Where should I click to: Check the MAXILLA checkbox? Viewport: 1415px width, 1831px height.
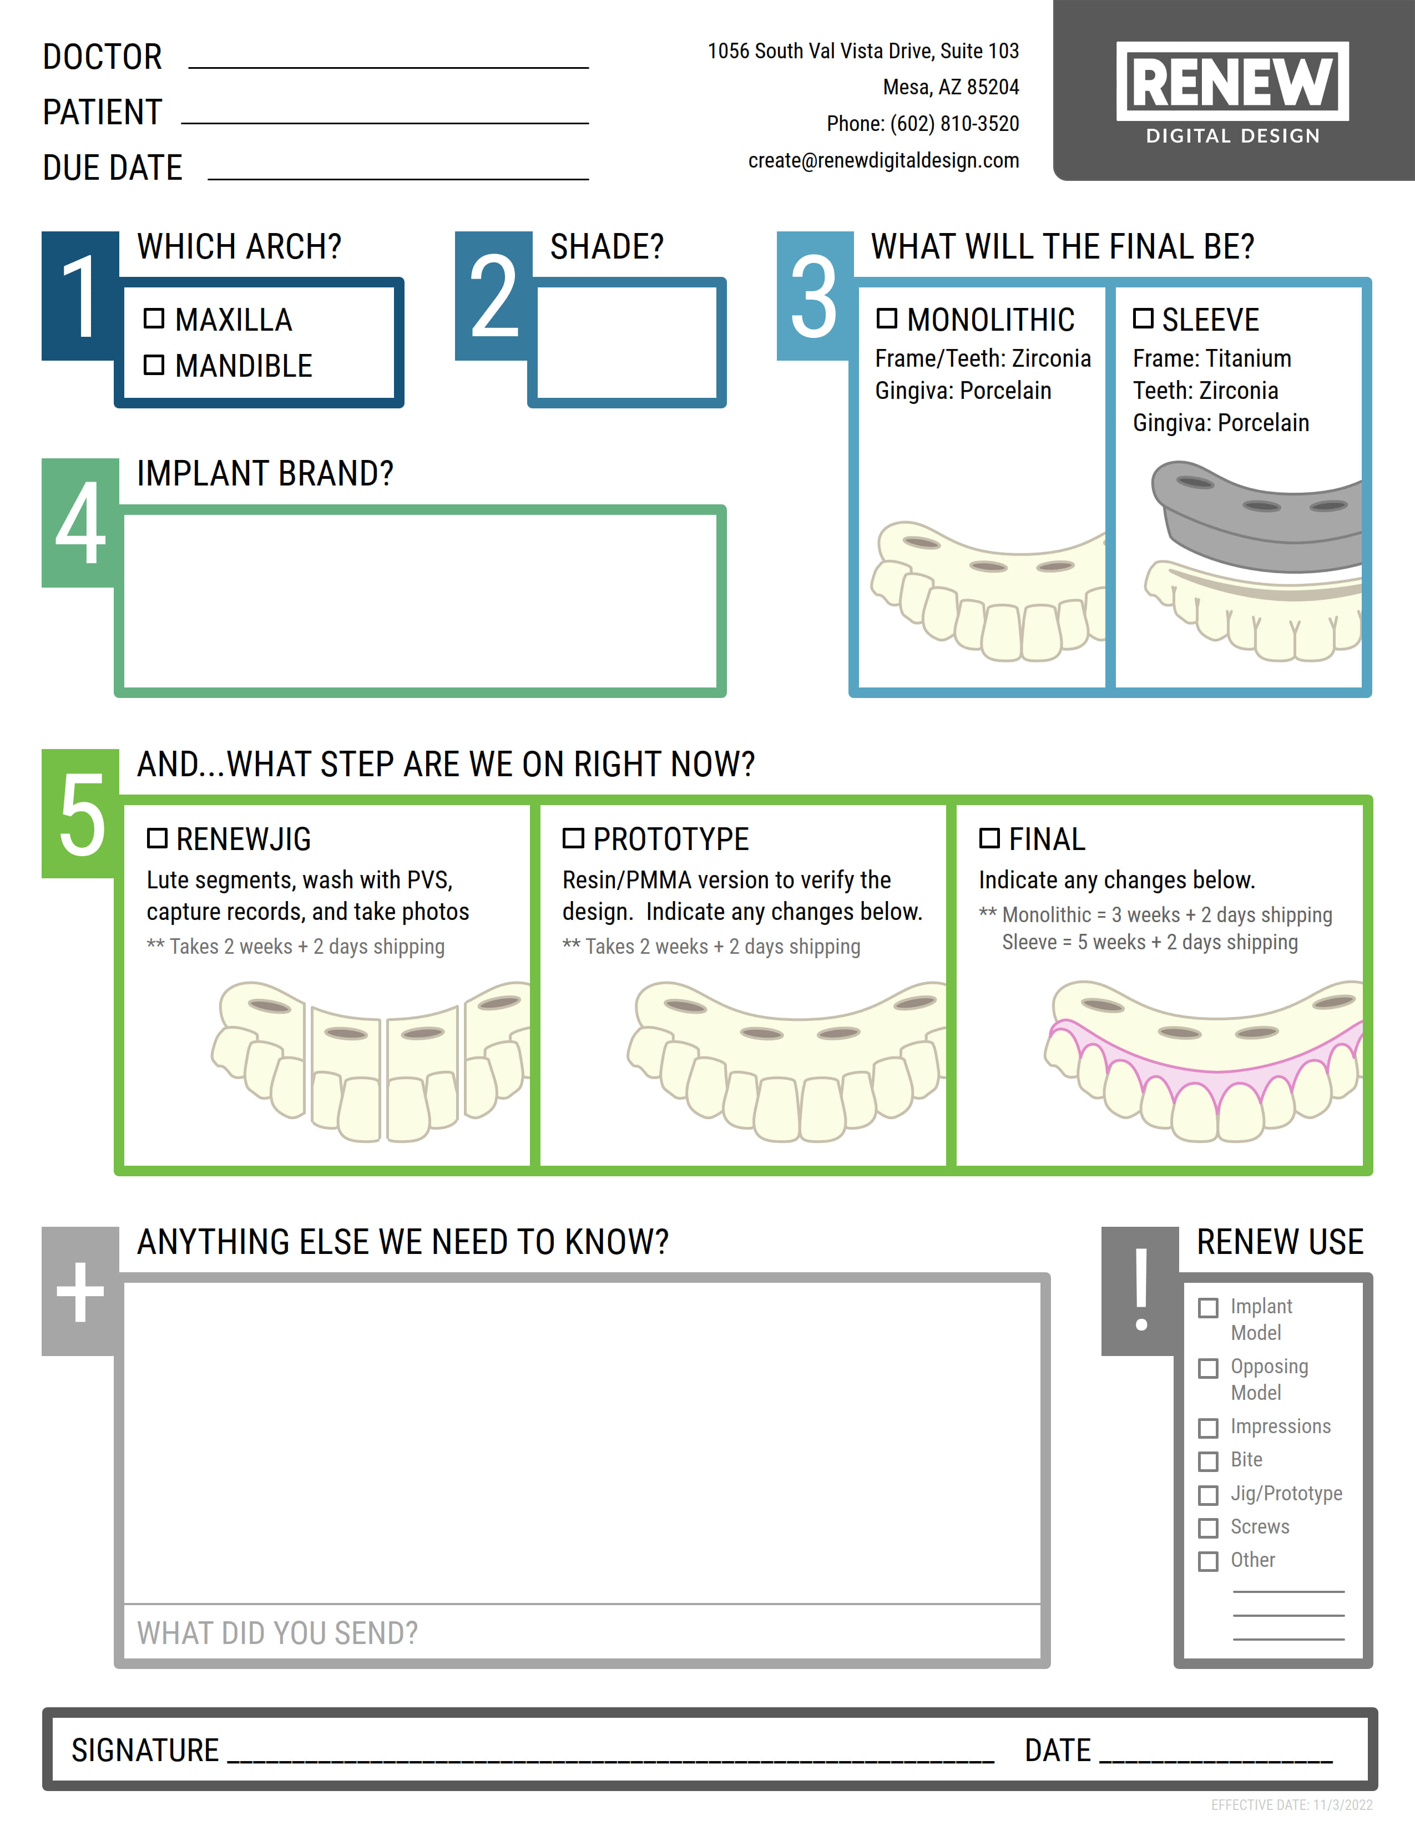(x=153, y=318)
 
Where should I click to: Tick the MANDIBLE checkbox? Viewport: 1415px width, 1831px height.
(x=153, y=365)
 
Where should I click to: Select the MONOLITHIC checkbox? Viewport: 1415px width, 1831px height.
(x=886, y=318)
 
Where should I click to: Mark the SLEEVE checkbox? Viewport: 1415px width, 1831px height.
(x=1143, y=318)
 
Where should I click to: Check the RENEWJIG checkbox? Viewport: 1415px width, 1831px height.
(x=156, y=837)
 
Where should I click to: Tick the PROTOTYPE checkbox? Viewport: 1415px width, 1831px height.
(x=573, y=837)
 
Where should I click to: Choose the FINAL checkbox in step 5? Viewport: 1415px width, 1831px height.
(x=989, y=837)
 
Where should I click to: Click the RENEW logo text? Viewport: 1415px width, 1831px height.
(x=1232, y=82)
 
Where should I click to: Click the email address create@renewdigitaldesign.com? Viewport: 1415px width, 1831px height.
(x=883, y=160)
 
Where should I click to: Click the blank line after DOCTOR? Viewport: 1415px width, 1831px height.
(x=388, y=59)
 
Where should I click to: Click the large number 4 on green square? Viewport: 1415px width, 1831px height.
(x=80, y=524)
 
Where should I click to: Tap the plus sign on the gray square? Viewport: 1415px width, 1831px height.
(x=80, y=1292)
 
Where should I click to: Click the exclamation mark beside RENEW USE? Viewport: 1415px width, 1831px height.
(x=1141, y=1290)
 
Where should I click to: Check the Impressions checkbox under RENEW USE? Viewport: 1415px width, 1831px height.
(x=1208, y=1428)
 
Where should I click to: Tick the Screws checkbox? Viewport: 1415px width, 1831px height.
(x=1208, y=1527)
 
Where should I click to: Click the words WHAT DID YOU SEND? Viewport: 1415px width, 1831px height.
(x=277, y=1632)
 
